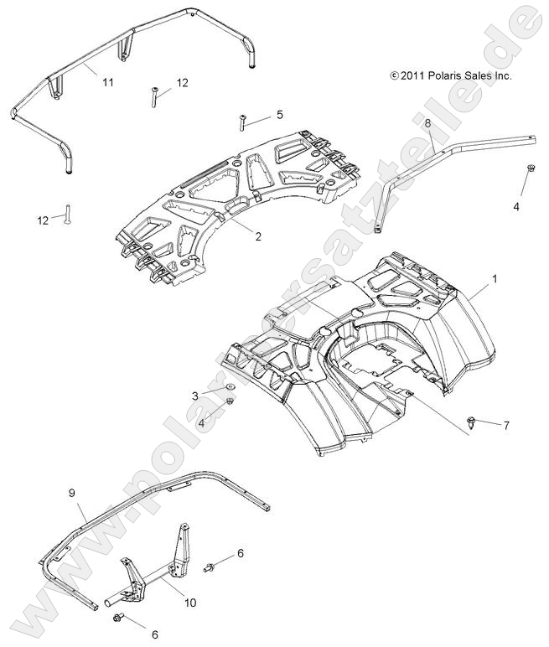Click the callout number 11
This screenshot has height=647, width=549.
[108, 82]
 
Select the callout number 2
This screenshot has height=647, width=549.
[258, 236]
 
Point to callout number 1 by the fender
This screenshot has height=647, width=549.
[495, 278]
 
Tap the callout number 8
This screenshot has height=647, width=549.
[427, 123]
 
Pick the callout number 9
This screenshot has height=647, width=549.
[71, 493]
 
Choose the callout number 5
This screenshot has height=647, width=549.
[279, 114]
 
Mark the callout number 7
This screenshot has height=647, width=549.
[505, 426]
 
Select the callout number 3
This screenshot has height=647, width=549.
[195, 395]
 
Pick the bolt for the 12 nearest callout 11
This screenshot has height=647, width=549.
[155, 97]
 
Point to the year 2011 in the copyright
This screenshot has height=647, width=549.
[408, 75]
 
